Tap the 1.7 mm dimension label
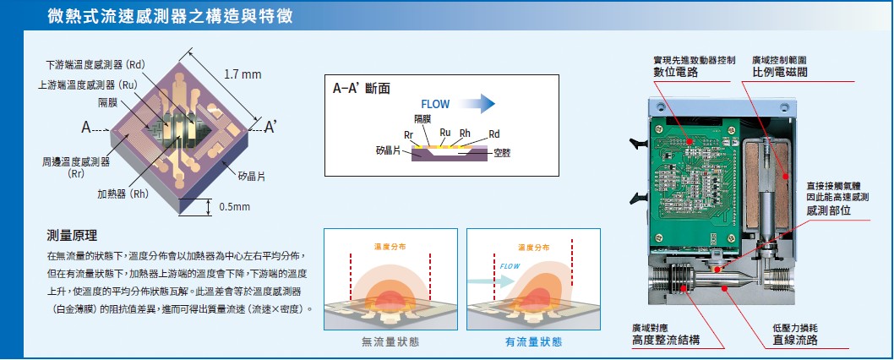(243, 74)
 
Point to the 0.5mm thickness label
(235, 207)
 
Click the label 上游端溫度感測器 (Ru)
(88, 85)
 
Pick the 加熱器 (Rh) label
(123, 194)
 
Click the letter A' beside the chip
(270, 128)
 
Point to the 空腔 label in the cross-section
(502, 153)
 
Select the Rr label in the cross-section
(409, 134)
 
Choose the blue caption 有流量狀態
(533, 341)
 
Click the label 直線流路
(794, 340)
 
